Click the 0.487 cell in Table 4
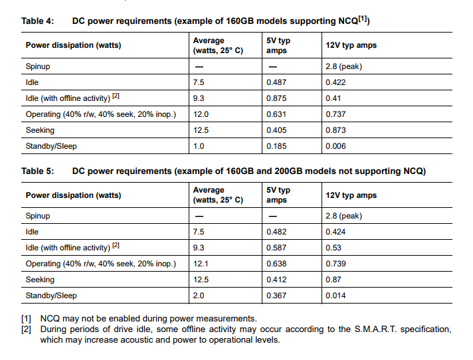click(x=276, y=82)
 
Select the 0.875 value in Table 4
click(x=276, y=98)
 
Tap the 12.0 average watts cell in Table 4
click(x=201, y=114)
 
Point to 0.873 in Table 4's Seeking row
click(x=335, y=130)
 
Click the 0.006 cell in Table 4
click(x=335, y=146)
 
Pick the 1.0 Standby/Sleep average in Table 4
click(x=199, y=146)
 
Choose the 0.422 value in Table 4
click(x=335, y=82)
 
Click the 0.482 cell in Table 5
click(x=276, y=232)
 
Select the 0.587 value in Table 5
click(x=276, y=248)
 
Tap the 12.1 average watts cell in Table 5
click(x=201, y=264)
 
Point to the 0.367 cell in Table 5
click(x=276, y=296)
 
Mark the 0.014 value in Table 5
click(x=335, y=296)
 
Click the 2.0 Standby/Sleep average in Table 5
click(x=199, y=296)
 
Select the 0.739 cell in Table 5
click(x=335, y=264)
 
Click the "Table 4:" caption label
click(x=37, y=21)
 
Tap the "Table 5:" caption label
click(x=37, y=171)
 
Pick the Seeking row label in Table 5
click(x=40, y=280)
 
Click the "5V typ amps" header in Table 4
click(x=278, y=45)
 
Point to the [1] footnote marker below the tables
click(x=27, y=319)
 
